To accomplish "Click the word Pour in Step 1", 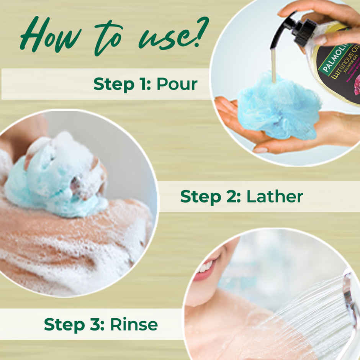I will click(x=177, y=84).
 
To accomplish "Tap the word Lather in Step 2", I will click(x=275, y=196).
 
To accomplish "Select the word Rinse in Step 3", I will click(x=134, y=324).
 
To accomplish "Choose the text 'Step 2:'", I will click(x=210, y=196).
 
